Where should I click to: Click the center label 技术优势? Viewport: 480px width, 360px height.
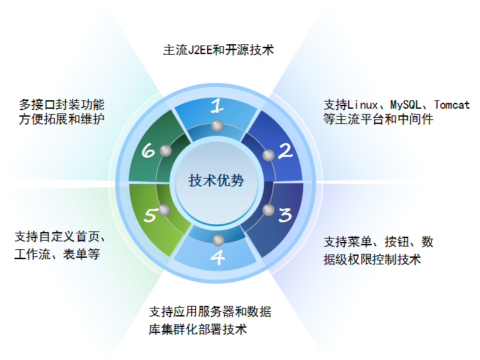click(x=216, y=180)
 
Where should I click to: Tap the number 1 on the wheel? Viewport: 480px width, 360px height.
click(x=217, y=105)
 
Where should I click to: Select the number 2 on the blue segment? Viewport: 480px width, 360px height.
click(x=285, y=151)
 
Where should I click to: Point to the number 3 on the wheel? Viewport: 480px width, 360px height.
click(x=285, y=214)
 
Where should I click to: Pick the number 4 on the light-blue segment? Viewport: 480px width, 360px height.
click(x=218, y=257)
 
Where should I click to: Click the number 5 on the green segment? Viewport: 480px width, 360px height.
click(x=150, y=214)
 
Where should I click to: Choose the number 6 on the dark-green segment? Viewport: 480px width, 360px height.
click(x=148, y=150)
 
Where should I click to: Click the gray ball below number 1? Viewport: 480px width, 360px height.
click(x=217, y=125)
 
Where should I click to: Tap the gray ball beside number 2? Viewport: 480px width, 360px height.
click(x=268, y=155)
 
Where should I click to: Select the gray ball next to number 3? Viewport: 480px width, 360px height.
click(x=268, y=210)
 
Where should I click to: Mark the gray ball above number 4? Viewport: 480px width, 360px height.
click(x=218, y=240)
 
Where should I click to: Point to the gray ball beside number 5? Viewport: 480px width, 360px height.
click(x=164, y=210)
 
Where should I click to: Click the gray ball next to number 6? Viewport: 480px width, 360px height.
click(x=165, y=150)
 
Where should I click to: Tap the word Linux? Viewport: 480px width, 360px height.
click(x=363, y=105)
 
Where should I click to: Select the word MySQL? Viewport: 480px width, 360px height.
click(x=405, y=105)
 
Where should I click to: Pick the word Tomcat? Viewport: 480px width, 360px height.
click(x=452, y=105)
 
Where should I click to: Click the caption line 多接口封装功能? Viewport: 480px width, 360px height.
click(x=61, y=105)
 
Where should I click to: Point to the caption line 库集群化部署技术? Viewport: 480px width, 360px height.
click(x=198, y=330)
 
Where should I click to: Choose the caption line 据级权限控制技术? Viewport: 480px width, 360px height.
click(x=373, y=259)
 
